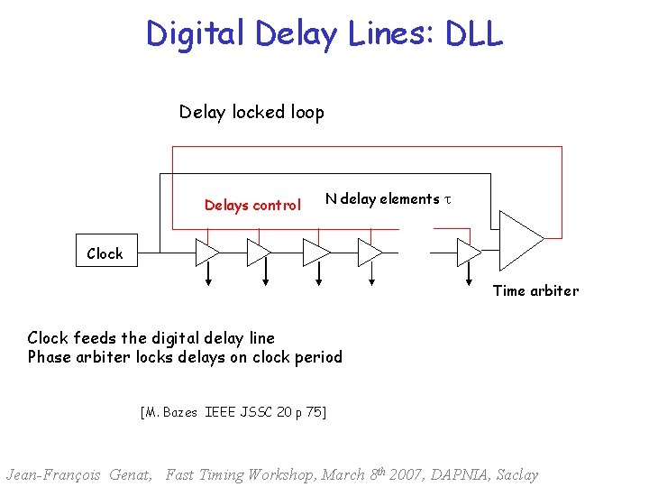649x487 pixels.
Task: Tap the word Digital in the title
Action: click(x=197, y=33)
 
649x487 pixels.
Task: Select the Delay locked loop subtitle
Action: click(x=251, y=113)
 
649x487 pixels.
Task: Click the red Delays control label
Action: click(x=252, y=206)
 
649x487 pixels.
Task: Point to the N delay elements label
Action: click(x=382, y=199)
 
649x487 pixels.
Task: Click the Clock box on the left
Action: click(x=105, y=253)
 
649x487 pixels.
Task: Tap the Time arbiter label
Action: click(x=535, y=290)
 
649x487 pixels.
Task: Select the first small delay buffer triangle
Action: click(x=206, y=253)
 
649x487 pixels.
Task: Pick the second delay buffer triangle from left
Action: click(x=259, y=253)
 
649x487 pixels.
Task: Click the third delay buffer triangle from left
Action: click(x=315, y=253)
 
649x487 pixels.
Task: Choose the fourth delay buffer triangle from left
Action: click(x=370, y=253)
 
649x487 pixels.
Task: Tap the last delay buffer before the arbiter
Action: click(x=469, y=253)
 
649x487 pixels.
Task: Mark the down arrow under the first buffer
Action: click(x=208, y=279)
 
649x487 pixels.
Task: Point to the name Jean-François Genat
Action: click(x=79, y=474)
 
